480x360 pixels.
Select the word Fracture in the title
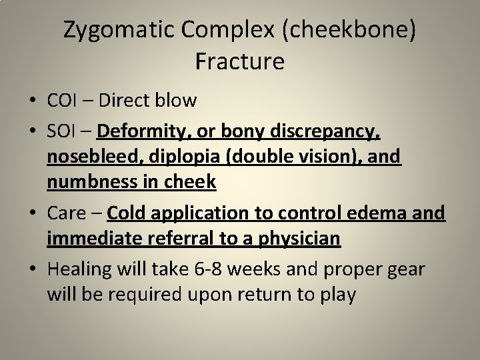click(x=240, y=61)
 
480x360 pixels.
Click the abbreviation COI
click(x=64, y=101)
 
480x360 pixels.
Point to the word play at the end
click(x=335, y=293)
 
